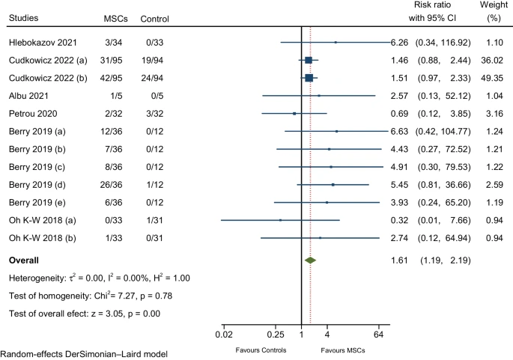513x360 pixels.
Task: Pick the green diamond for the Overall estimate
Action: point(310,260)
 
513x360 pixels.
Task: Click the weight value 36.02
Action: point(494,59)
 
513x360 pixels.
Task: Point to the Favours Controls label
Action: point(256,350)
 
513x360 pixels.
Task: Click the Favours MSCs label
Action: point(341,350)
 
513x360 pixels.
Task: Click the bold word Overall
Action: point(26,260)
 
